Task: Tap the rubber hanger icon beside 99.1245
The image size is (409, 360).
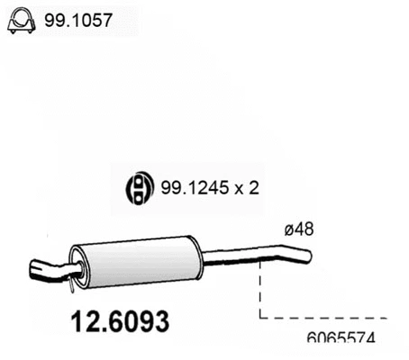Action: tap(136, 187)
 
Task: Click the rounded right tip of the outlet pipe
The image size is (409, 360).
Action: tap(309, 256)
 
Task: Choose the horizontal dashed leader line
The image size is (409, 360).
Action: tap(324, 318)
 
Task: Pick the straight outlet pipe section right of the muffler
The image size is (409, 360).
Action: tap(230, 262)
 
